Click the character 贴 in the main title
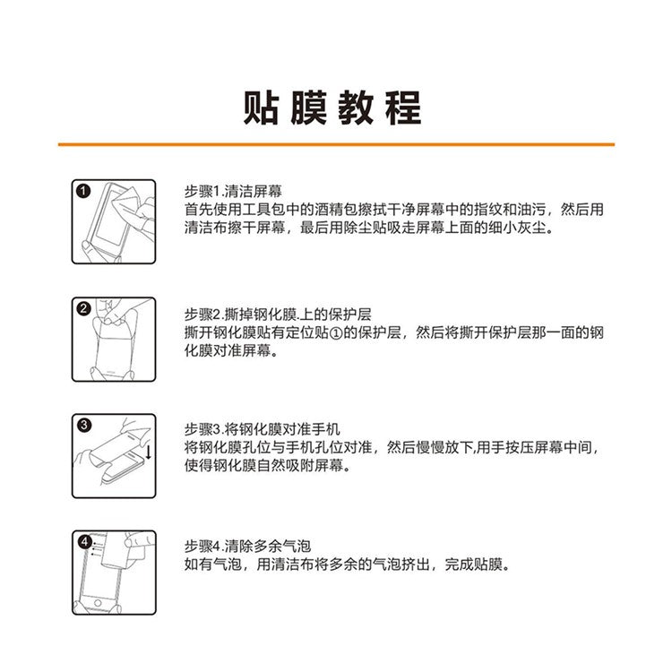tap(262, 108)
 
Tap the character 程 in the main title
tap(403, 108)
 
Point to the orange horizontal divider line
tap(336, 144)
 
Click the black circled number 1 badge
tap(83, 191)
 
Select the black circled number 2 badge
tap(83, 308)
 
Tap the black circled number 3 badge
tap(83, 425)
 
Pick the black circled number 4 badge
tap(84, 542)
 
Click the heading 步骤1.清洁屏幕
tap(233, 191)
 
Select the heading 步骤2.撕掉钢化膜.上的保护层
tap(278, 314)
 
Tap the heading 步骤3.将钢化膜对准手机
tap(263, 429)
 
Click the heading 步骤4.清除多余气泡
tap(247, 546)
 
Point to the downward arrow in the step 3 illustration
tap(148, 452)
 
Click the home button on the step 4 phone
tap(98, 603)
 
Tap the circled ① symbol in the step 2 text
tap(336, 333)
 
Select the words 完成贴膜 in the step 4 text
tap(473, 564)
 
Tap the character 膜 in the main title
tap(308, 108)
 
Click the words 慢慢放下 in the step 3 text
tap(444, 447)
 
